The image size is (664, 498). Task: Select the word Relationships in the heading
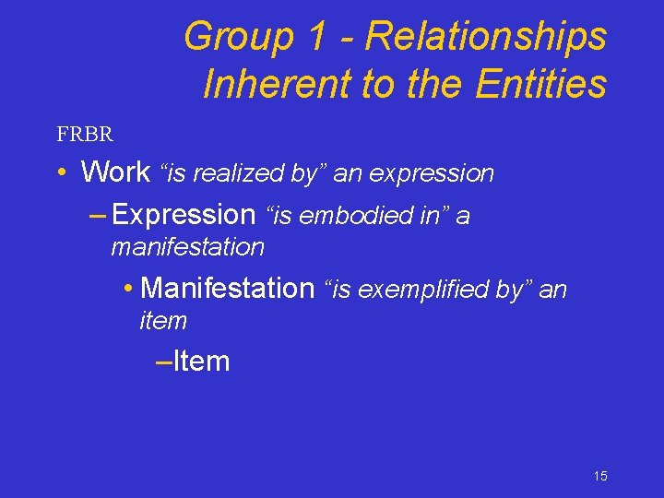[486, 37]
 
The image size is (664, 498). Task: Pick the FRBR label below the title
[85, 135]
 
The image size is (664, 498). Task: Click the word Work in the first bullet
[115, 172]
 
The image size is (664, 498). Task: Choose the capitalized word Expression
[184, 215]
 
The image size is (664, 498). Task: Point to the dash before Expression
[97, 215]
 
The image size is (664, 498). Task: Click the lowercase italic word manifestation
[187, 247]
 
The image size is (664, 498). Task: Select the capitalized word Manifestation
[228, 289]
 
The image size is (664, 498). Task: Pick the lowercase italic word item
[162, 321]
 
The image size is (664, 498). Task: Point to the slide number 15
[600, 476]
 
